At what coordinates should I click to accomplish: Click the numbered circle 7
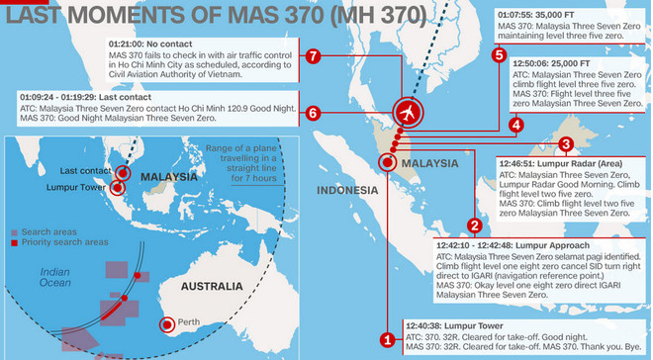pyautogui.click(x=313, y=55)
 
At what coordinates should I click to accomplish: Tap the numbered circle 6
pyautogui.click(x=313, y=113)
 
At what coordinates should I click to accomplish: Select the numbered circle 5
pyautogui.click(x=500, y=55)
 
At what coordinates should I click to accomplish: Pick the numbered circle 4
pyautogui.click(x=515, y=125)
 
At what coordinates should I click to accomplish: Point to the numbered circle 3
pyautogui.click(x=565, y=144)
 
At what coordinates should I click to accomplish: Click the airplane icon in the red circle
pyautogui.click(x=407, y=113)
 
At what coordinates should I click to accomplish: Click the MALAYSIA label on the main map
pyautogui.click(x=428, y=162)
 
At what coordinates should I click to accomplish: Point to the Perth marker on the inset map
pyautogui.click(x=168, y=323)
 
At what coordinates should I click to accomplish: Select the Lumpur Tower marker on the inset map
pyautogui.click(x=119, y=186)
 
